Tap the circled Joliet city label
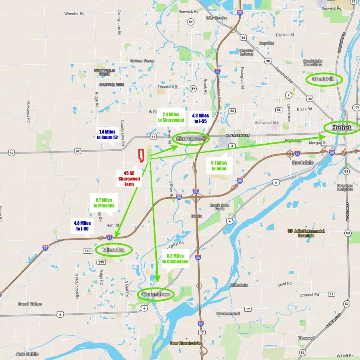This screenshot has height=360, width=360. [x=342, y=128]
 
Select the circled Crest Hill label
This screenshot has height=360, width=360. [x=324, y=79]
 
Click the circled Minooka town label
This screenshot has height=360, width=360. [x=114, y=250]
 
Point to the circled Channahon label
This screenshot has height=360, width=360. [x=156, y=294]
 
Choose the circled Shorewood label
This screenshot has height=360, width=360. [x=191, y=139]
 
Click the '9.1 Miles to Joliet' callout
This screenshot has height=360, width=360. [x=219, y=166]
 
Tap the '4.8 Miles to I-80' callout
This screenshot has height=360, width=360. [x=83, y=226]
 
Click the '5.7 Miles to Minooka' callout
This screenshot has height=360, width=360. [x=104, y=203]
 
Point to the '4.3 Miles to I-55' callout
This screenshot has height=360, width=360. [x=200, y=118]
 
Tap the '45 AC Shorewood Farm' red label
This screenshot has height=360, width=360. [x=129, y=179]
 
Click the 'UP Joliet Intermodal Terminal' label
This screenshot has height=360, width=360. [x=306, y=233]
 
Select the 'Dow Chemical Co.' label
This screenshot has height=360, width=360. [x=186, y=343]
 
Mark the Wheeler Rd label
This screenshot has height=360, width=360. [x=74, y=14]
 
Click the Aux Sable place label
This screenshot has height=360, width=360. [x=27, y=354]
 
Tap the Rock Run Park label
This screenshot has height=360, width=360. [x=220, y=207]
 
